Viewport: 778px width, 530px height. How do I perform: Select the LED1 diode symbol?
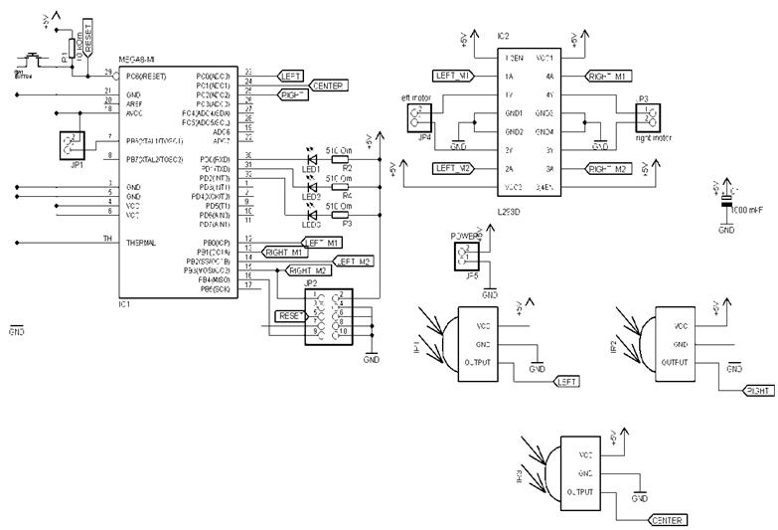point(313,158)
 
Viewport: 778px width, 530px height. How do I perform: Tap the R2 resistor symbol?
point(339,158)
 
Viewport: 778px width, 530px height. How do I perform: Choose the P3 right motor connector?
point(643,118)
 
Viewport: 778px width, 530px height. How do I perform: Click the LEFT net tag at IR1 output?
point(566,381)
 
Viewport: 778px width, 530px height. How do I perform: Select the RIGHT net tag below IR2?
point(757,392)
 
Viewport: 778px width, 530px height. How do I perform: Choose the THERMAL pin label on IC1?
point(141,242)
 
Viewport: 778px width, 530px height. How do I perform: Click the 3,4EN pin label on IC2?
point(550,187)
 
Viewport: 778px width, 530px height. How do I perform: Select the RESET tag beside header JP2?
point(290,315)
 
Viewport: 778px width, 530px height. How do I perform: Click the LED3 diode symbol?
point(313,211)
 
